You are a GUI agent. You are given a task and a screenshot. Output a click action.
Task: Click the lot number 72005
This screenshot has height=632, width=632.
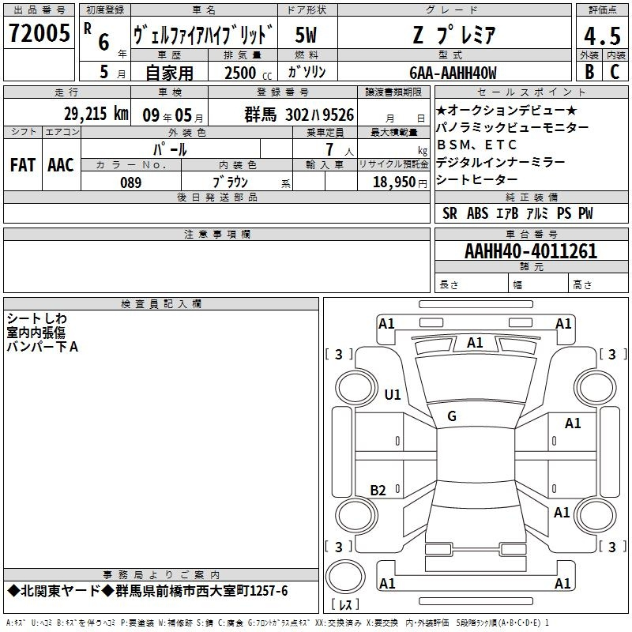[x=39, y=32]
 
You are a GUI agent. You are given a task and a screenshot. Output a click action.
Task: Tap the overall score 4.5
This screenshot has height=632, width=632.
[x=602, y=36]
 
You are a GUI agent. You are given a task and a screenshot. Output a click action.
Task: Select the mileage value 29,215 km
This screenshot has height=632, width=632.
[x=96, y=114]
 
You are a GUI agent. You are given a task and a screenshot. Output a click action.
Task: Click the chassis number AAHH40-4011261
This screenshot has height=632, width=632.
[x=531, y=251]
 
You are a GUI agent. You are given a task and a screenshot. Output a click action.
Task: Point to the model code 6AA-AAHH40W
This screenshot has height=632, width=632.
[x=453, y=73]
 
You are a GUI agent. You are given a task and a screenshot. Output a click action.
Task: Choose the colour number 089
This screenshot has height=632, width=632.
[x=130, y=182]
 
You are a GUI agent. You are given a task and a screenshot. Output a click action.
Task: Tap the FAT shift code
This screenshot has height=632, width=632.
[x=23, y=165]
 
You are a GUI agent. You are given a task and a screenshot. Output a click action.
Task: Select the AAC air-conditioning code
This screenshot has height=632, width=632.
[x=61, y=165]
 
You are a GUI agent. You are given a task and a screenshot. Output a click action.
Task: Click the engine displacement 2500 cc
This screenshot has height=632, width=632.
[x=248, y=73]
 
